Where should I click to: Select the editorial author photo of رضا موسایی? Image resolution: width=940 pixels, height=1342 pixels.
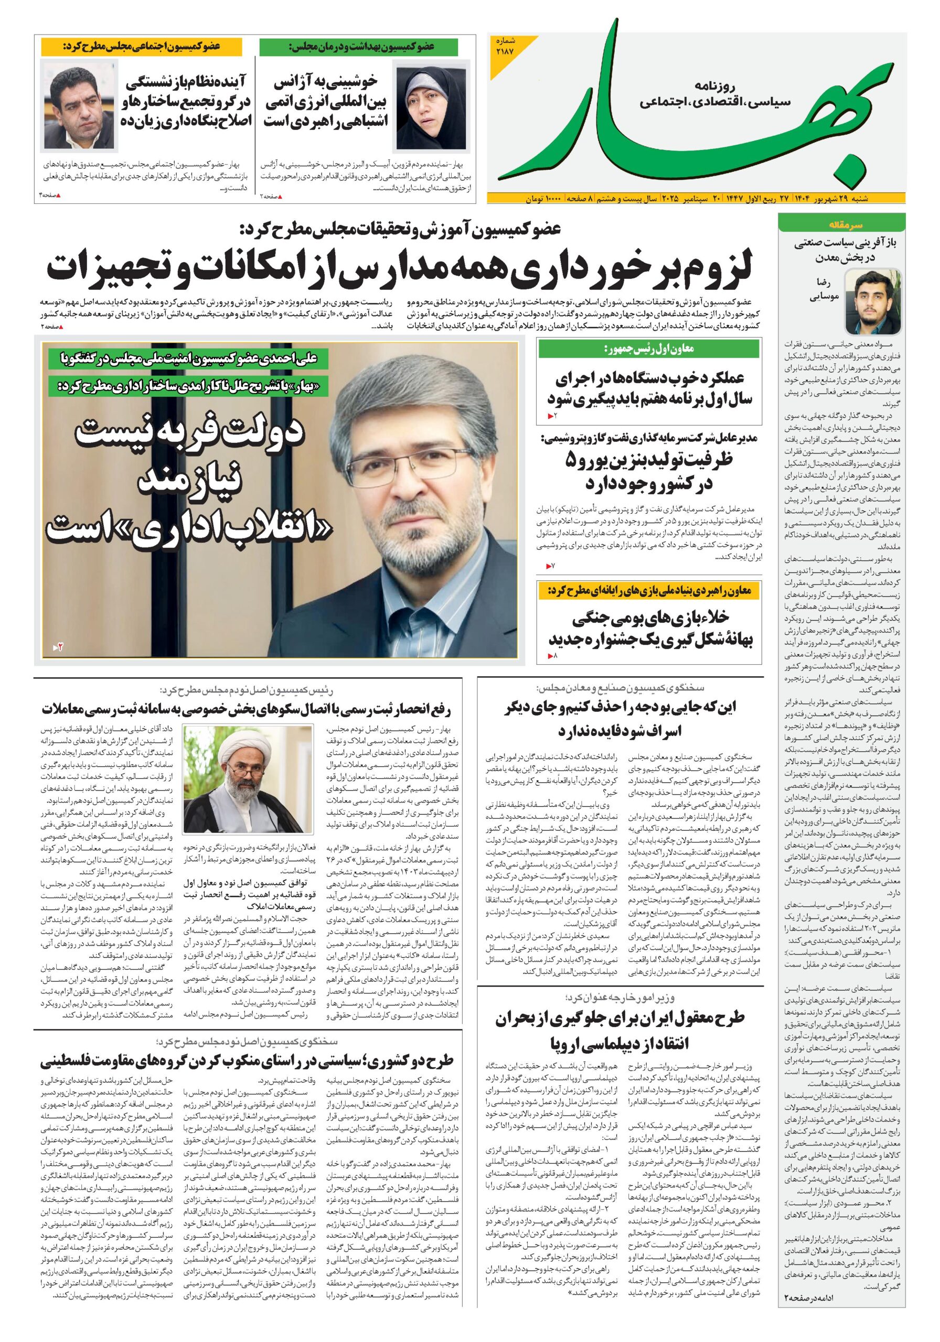pyautogui.click(x=866, y=301)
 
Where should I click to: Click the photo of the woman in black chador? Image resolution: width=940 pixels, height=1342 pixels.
pyautogui.click(x=431, y=108)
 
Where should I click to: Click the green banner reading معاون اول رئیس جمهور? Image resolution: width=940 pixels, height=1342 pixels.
pyautogui.click(x=649, y=350)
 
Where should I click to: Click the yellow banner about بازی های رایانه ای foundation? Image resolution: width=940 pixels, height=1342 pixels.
pyautogui.click(x=649, y=591)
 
